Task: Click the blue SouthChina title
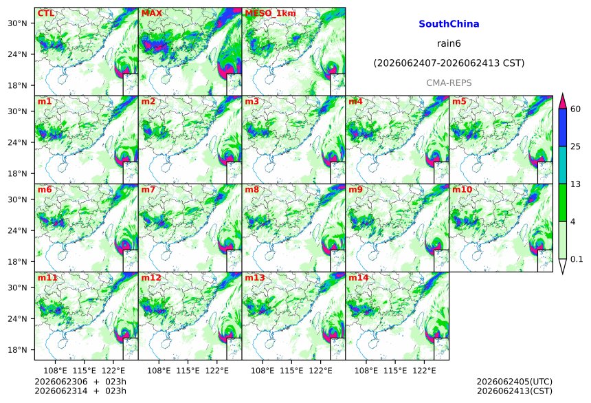point(449,24)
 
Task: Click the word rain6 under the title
point(449,43)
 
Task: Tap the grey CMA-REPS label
point(449,83)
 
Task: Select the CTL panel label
point(45,13)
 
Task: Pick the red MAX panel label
point(151,13)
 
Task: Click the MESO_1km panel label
point(270,13)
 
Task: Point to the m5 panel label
point(459,102)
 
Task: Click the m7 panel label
point(148,189)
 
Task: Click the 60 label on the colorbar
point(576,109)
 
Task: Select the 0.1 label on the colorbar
point(577,259)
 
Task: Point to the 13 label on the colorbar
point(576,184)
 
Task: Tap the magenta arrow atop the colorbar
point(563,102)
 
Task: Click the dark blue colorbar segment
point(563,127)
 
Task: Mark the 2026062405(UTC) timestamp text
point(515,382)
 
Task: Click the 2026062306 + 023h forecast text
point(80,382)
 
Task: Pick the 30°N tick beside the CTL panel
point(17,23)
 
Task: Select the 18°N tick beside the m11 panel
point(17,350)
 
